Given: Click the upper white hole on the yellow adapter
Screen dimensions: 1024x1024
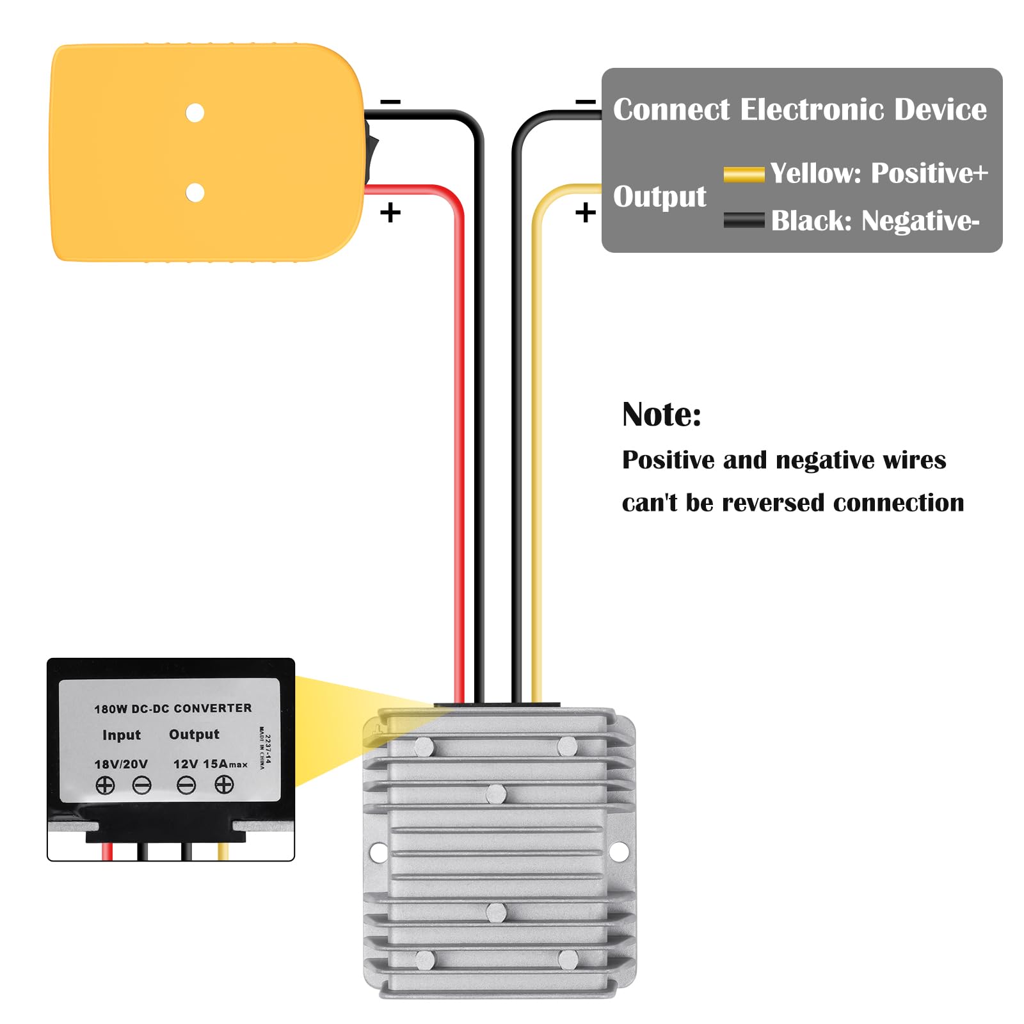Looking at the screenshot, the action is click(195, 113).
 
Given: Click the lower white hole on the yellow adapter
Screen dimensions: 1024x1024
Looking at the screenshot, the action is click(195, 192).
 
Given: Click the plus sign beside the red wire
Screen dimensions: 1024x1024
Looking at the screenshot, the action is click(390, 212).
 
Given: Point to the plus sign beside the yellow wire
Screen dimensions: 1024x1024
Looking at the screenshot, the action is click(585, 212).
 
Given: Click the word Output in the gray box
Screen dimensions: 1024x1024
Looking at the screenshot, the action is click(659, 196).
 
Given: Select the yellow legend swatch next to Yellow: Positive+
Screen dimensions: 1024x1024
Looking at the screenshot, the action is click(744, 174).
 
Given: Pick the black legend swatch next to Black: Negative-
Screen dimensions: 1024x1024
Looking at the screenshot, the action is click(744, 220).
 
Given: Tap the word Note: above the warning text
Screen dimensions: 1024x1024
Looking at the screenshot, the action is click(662, 415).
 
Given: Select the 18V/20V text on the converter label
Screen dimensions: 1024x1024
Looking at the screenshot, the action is click(121, 764).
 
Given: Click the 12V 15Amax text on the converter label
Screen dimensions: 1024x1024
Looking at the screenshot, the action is click(210, 764).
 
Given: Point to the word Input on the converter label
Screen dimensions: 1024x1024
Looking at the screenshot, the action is click(122, 735).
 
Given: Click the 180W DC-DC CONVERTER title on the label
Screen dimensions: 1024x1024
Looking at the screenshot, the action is click(173, 708).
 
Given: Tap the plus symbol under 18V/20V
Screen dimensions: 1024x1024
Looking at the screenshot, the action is click(105, 785).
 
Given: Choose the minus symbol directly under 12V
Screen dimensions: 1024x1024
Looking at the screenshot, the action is click(186, 785).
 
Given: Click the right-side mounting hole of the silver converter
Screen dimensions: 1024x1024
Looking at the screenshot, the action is click(619, 852).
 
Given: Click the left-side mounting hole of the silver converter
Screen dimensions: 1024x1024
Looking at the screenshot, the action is click(378, 852).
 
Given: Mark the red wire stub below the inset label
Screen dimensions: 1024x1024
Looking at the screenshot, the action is click(108, 851).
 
